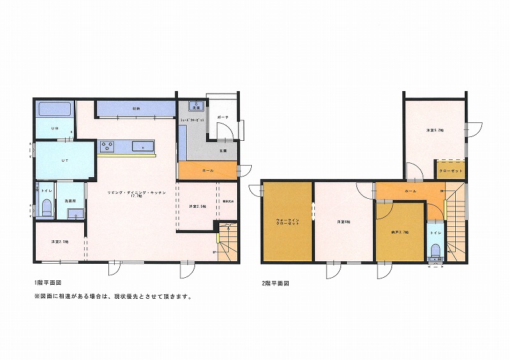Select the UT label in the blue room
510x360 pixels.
click(x=64, y=160)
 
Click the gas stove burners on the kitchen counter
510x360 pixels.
click(x=106, y=147)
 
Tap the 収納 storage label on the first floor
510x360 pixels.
click(x=136, y=109)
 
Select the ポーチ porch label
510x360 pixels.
click(x=222, y=118)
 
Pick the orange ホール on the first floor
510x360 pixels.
click(x=208, y=171)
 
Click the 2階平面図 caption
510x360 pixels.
click(x=276, y=282)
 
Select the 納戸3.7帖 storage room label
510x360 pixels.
click(x=400, y=233)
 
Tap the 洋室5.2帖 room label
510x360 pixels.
click(x=435, y=130)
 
